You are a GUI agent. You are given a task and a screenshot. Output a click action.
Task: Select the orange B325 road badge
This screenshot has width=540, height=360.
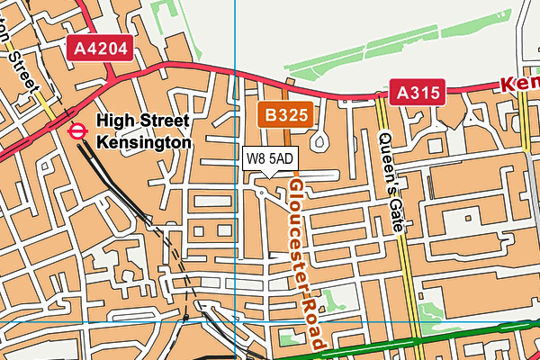286,113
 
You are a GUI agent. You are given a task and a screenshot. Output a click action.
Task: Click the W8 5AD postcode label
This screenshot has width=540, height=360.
269,158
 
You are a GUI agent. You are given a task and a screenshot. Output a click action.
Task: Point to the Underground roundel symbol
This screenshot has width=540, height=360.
78,130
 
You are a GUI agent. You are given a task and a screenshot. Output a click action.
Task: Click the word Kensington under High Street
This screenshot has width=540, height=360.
143,142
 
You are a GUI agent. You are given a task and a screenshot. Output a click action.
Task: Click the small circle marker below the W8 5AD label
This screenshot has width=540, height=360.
262,192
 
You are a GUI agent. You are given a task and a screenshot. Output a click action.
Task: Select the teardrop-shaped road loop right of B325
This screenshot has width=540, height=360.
319,140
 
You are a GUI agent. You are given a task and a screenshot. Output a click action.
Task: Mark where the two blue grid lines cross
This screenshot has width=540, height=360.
234,319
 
